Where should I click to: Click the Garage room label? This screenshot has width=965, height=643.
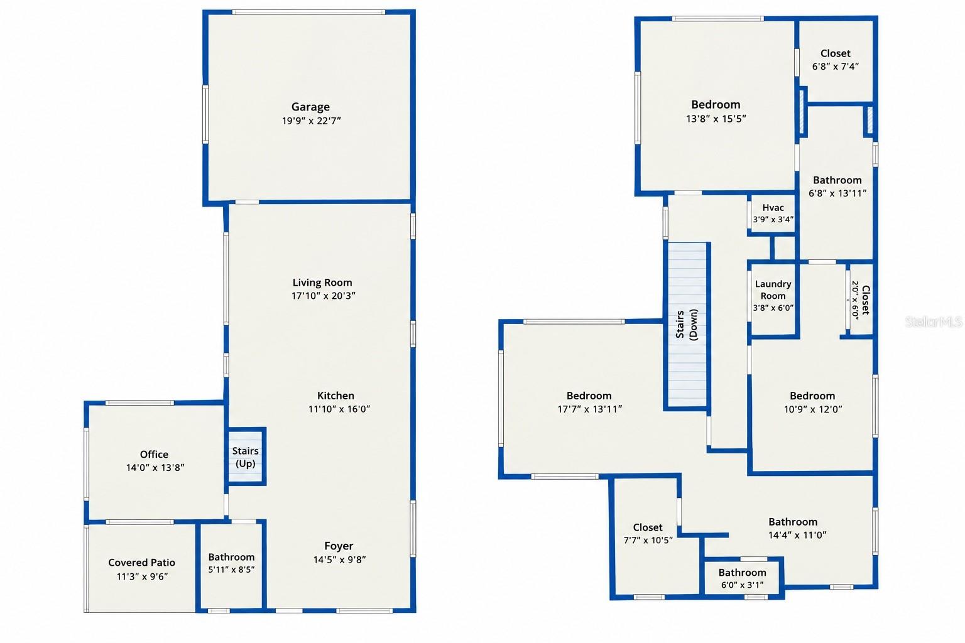pyautogui.click(x=310, y=107)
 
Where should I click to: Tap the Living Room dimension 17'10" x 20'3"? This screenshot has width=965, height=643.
pyautogui.click(x=323, y=296)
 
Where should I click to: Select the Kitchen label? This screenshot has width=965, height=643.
pyautogui.click(x=335, y=396)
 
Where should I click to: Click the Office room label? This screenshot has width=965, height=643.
pyautogui.click(x=154, y=455)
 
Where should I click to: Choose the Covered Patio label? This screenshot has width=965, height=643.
pyautogui.click(x=141, y=563)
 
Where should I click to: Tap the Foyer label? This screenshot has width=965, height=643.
pyautogui.click(x=339, y=546)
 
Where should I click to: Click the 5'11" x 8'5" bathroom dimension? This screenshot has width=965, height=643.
pyautogui.click(x=231, y=570)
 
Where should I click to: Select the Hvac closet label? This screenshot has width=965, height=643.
pyautogui.click(x=773, y=208)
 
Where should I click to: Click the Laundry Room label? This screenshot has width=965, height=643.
pyautogui.click(x=773, y=290)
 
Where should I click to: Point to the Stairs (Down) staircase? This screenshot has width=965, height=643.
pyautogui.click(x=687, y=325)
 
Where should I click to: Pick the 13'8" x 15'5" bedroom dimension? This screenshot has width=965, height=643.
pyautogui.click(x=716, y=119)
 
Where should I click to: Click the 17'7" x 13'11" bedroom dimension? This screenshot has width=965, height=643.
pyautogui.click(x=590, y=409)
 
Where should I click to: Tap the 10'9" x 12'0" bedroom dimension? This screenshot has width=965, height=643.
pyautogui.click(x=813, y=409)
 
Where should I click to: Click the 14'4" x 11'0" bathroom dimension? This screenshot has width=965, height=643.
pyautogui.click(x=797, y=536)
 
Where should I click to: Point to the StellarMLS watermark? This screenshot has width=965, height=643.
pyautogui.click(x=934, y=321)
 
